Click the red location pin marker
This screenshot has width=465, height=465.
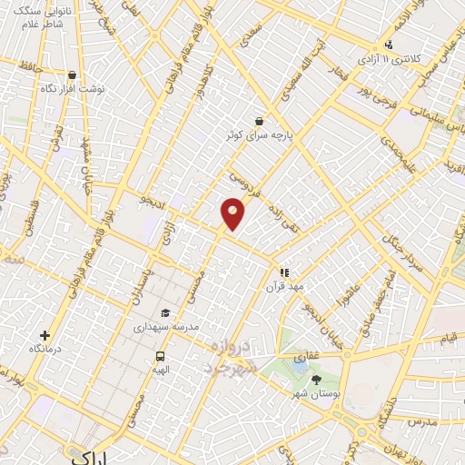(233, 213)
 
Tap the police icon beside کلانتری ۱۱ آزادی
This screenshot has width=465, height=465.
(390, 45)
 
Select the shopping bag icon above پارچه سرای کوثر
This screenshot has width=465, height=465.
(261, 121)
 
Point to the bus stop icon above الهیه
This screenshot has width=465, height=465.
(161, 356)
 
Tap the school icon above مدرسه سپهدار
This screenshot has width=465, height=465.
(164, 312)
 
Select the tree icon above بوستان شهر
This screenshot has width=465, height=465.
(316, 380)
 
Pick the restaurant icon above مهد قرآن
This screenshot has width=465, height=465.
(284, 272)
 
